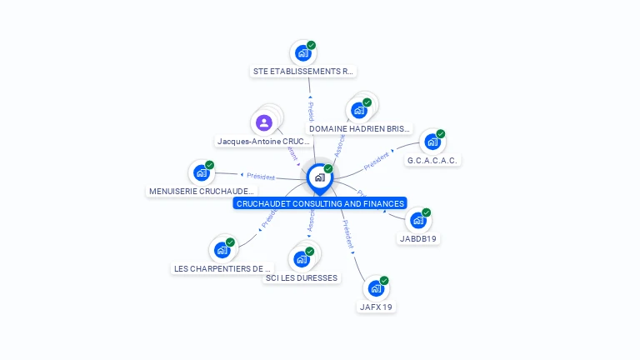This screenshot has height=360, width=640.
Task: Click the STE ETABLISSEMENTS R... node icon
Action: tap(302, 52)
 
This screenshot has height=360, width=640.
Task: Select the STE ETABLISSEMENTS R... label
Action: tap(303, 72)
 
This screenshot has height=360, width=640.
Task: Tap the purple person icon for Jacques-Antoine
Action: tap(264, 122)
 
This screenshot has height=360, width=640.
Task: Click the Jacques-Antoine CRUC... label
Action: tap(263, 142)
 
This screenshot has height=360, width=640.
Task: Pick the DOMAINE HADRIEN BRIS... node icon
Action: tap(359, 110)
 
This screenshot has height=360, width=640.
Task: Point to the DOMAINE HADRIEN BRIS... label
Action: tap(360, 129)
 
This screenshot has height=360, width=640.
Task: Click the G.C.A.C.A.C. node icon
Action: tap(432, 141)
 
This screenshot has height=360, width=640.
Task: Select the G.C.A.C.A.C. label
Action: tap(432, 160)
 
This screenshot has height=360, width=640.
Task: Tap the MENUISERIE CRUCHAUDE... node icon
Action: tap(202, 172)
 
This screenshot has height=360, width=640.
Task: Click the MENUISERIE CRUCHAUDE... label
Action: tap(202, 192)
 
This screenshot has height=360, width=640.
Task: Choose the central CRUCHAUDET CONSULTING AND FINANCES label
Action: tap(320, 203)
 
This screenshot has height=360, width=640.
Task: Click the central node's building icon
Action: tap(320, 177)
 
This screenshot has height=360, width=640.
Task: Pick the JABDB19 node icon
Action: tap(418, 220)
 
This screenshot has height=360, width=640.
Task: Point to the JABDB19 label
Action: tap(418, 239)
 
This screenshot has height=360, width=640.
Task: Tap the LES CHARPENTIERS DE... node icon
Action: tap(222, 249)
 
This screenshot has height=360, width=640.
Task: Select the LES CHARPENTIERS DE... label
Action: tap(222, 268)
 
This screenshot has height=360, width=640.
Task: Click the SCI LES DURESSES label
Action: tap(302, 277)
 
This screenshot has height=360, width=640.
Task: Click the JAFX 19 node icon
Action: tap(376, 288)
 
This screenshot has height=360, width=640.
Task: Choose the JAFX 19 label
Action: tap(376, 307)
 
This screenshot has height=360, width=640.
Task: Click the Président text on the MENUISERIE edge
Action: tap(261, 177)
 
